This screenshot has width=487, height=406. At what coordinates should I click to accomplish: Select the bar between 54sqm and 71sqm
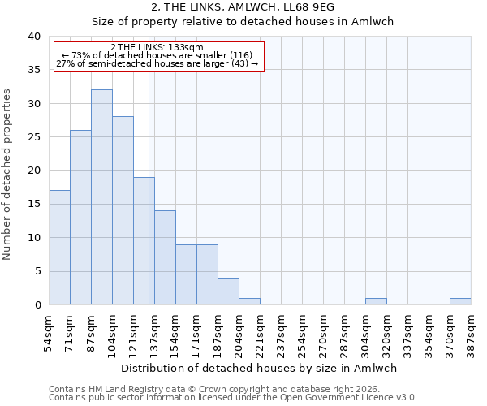tap(59, 248)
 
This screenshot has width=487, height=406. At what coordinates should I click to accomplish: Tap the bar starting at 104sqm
tap(123, 210)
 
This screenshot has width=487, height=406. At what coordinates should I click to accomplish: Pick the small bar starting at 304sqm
tap(376, 301)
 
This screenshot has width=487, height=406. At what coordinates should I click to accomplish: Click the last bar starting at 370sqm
tap(460, 301)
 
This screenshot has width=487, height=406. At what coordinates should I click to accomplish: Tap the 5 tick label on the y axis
tap(37, 271)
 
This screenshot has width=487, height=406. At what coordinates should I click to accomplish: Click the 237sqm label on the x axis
tap(281, 334)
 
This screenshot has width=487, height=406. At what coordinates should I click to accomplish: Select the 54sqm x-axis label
tap(49, 334)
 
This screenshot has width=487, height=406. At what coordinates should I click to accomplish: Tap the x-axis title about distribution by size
tap(260, 368)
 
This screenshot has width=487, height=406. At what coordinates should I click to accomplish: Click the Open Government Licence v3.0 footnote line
tap(233, 397)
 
